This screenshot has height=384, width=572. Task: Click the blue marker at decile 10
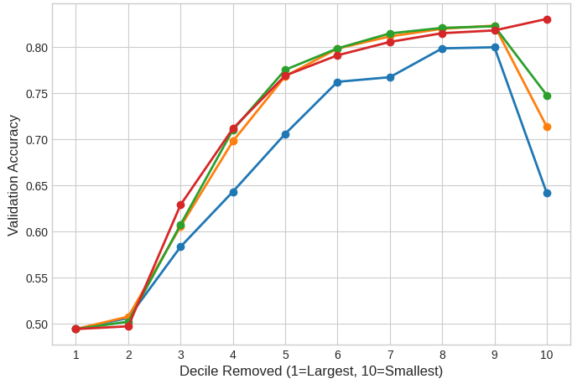[x=547, y=193]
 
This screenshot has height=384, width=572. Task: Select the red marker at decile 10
[x=547, y=19]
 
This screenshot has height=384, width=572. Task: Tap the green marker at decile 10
[x=547, y=96]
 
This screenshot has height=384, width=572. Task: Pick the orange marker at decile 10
[x=547, y=127]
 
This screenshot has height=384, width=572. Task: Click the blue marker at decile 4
[x=233, y=192]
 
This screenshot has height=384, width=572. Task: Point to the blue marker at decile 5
[x=285, y=134]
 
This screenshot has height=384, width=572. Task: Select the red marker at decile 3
[x=180, y=205]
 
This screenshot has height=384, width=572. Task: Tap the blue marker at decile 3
[x=180, y=246]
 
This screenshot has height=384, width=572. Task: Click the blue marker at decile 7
[x=390, y=77]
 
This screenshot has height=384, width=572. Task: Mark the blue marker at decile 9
[x=495, y=47]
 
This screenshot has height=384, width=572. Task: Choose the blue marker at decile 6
[x=337, y=82]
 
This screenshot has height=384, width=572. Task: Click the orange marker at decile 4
[x=233, y=141]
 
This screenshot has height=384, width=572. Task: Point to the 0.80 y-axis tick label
[x=37, y=48]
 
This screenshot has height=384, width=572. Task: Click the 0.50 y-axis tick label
[x=37, y=324]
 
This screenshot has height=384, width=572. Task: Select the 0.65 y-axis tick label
[x=37, y=186]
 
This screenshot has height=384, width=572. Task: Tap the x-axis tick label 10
[x=547, y=355]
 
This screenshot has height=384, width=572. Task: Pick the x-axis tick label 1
[x=76, y=355]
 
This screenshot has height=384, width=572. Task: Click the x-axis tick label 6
[x=337, y=355]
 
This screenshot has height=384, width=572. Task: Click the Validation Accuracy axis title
[x=13, y=175]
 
